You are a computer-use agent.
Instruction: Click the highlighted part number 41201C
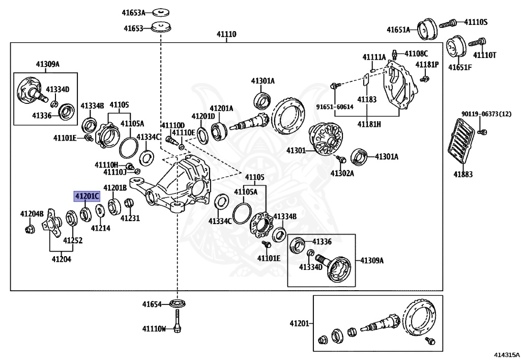coord(86,197)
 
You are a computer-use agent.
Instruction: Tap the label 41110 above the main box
coord(226,34)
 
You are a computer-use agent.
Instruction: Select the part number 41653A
coord(134,13)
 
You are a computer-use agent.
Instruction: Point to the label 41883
coord(463,174)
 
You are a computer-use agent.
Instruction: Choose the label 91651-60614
coord(335,107)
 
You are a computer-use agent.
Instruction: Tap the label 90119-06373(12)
coord(486,114)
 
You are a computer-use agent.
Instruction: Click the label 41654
coord(152,304)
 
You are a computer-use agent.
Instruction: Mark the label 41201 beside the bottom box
coord(299,323)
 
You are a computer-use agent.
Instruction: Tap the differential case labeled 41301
coord(326,139)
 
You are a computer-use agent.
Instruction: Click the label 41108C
coord(416,53)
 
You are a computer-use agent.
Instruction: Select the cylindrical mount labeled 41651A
coord(427,29)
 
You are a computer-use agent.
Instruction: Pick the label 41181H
coord(369,124)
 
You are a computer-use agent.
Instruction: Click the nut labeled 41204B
coord(29,229)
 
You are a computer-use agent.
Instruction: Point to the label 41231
coord(130,218)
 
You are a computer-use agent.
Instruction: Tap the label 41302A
coord(342,173)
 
